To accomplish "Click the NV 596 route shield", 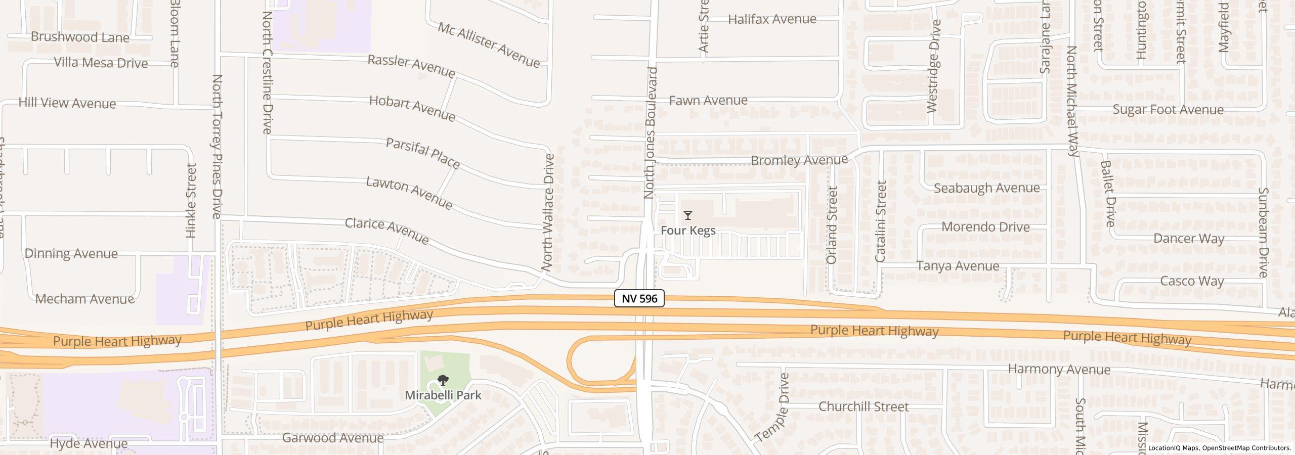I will [x=639, y=298].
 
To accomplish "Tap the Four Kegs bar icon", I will [x=687, y=215].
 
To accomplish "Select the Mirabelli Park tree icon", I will [x=443, y=380].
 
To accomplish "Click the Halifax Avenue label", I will [x=772, y=19].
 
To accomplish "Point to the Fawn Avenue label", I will [x=708, y=100].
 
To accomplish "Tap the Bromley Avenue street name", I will [x=799, y=160].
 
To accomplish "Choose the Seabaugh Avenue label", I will [x=986, y=188].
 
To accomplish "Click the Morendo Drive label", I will [x=985, y=227].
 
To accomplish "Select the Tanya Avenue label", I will [x=958, y=266].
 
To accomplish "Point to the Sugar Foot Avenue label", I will [x=1168, y=110].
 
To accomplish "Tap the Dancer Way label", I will [x=1188, y=238].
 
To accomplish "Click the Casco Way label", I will [x=1191, y=281].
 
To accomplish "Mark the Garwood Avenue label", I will [x=332, y=438].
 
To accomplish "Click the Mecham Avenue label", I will [x=84, y=299].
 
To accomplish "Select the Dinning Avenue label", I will [x=71, y=253].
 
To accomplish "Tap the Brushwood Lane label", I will [x=80, y=37].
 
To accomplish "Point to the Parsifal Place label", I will [x=423, y=153].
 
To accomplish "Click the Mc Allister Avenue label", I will [x=489, y=44].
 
